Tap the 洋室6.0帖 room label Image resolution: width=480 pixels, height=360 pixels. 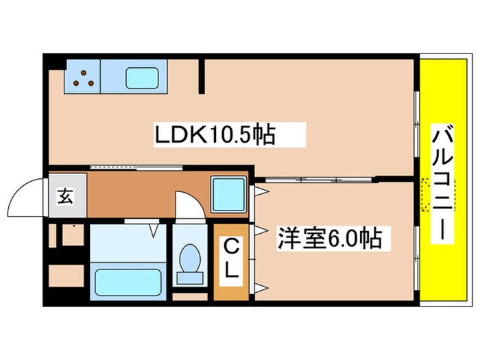328,239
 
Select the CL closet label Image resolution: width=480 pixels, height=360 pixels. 232,257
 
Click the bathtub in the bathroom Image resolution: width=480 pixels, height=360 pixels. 128,281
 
